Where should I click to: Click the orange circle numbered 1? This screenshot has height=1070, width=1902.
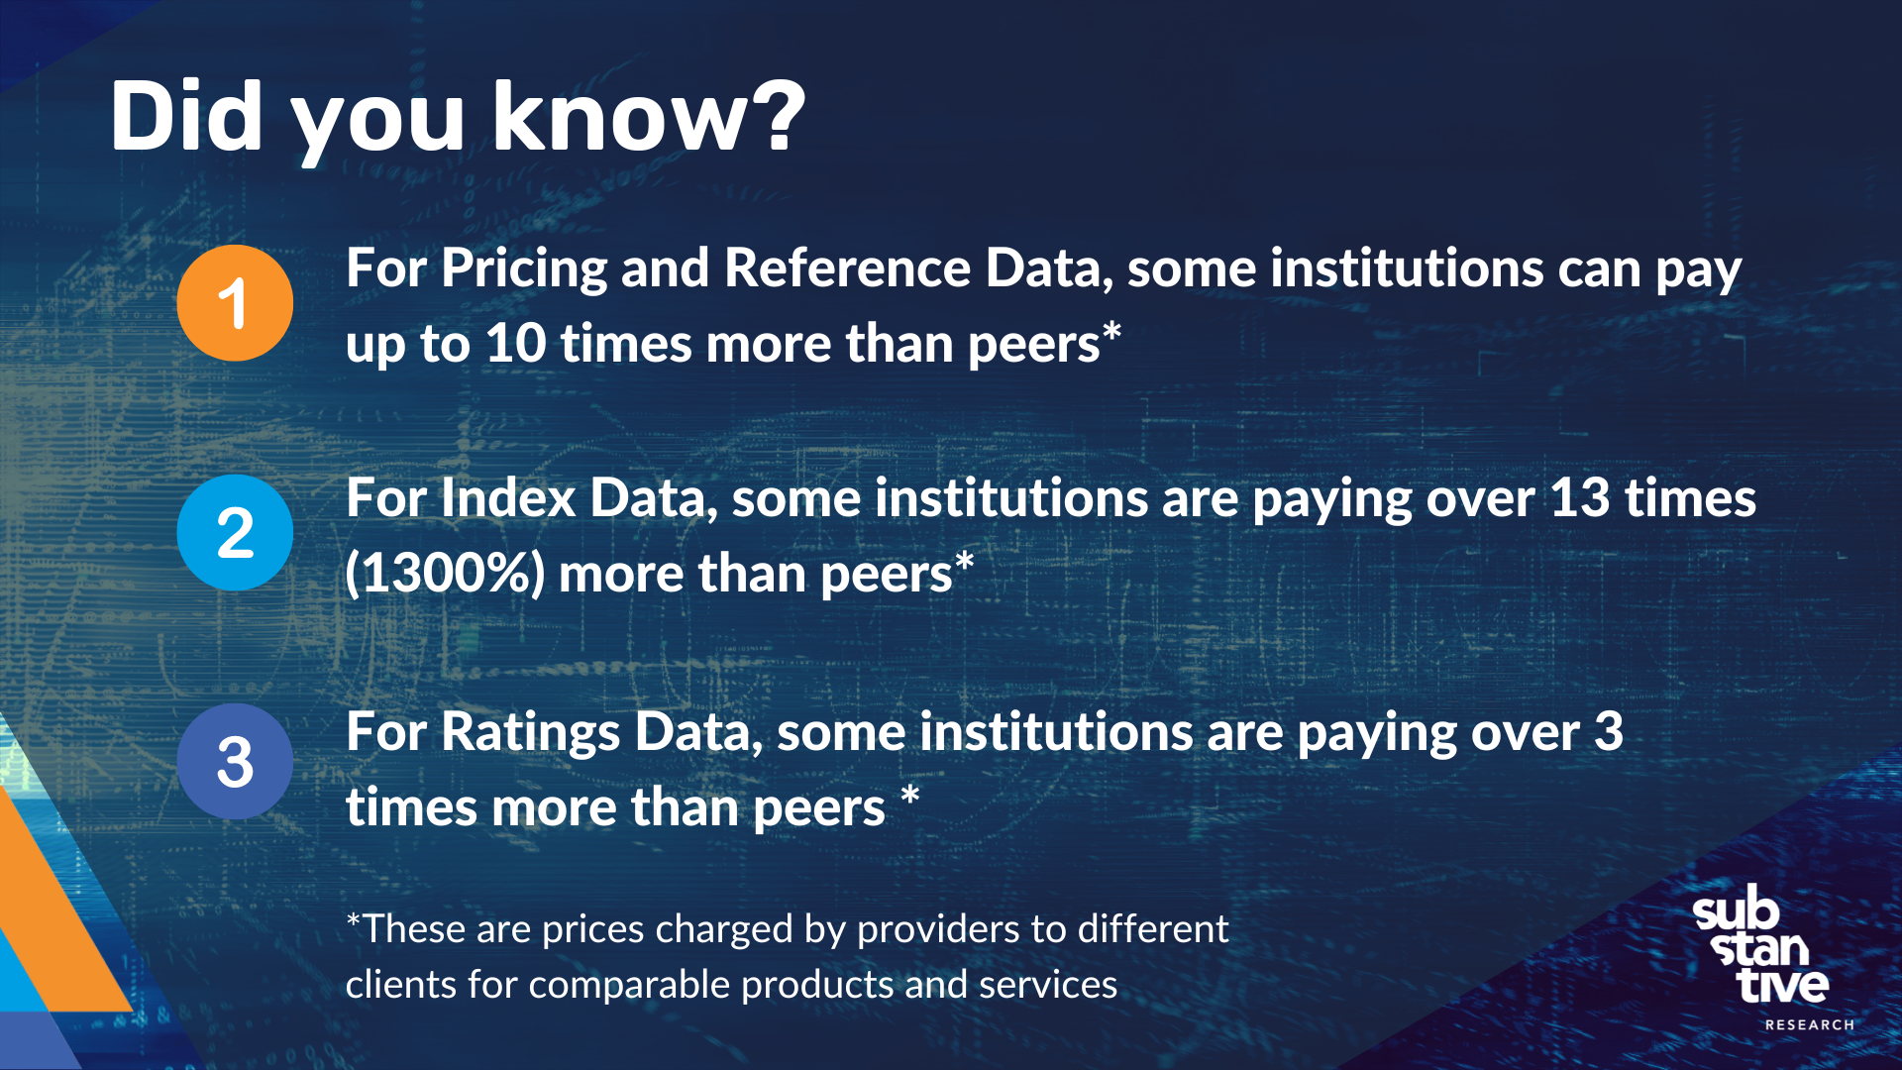pos(235,302)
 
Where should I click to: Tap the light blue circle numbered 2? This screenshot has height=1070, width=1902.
pos(235,532)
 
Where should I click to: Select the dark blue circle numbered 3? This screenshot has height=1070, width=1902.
pos(235,761)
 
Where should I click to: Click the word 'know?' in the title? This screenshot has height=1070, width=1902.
pos(649,117)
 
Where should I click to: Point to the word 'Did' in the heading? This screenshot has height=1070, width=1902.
pos(186,117)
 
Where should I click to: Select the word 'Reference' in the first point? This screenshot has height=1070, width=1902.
pos(847,269)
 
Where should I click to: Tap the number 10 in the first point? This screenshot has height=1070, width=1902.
pos(515,344)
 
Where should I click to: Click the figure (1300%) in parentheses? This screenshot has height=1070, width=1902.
pos(445,574)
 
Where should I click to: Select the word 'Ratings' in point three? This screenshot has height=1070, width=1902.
pos(530,733)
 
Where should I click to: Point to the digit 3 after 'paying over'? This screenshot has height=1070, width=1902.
pos(1608,733)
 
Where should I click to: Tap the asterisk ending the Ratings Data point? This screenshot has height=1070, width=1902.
pos(910,797)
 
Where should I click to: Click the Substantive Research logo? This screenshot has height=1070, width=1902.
pos(1761,946)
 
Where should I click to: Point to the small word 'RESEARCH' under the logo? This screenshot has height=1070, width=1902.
pos(1809,1024)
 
